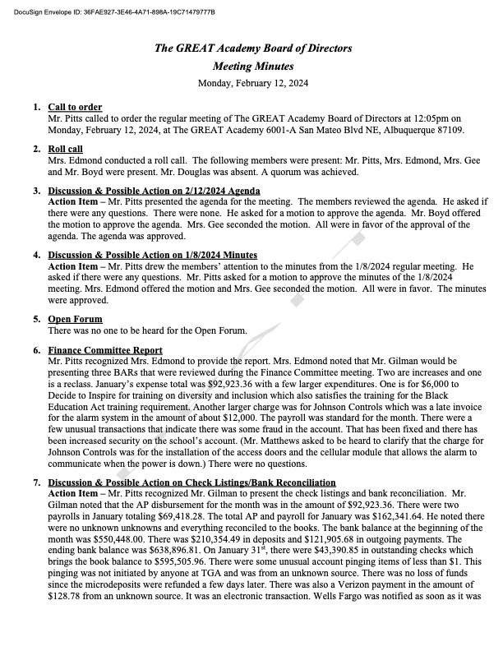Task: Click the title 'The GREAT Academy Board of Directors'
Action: click(253, 48)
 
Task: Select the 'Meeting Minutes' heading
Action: click(253, 66)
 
